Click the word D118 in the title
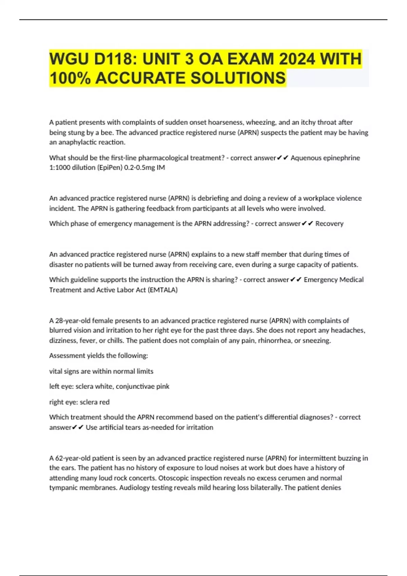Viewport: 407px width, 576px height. point(115,59)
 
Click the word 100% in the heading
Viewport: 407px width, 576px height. point(70,78)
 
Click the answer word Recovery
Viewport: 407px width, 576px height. point(329,224)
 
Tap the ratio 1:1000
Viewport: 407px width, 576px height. point(60,167)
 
